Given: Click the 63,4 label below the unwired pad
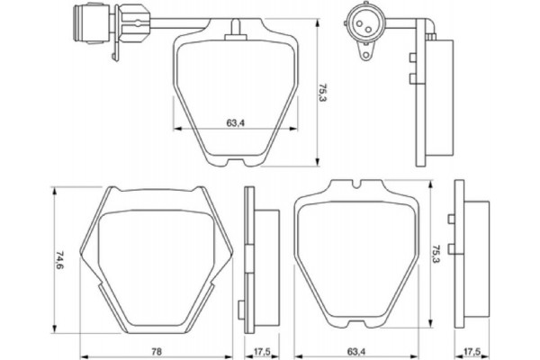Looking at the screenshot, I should (356, 353).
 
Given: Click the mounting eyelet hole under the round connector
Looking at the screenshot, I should (366, 56).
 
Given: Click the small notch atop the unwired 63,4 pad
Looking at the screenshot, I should (356, 187).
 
